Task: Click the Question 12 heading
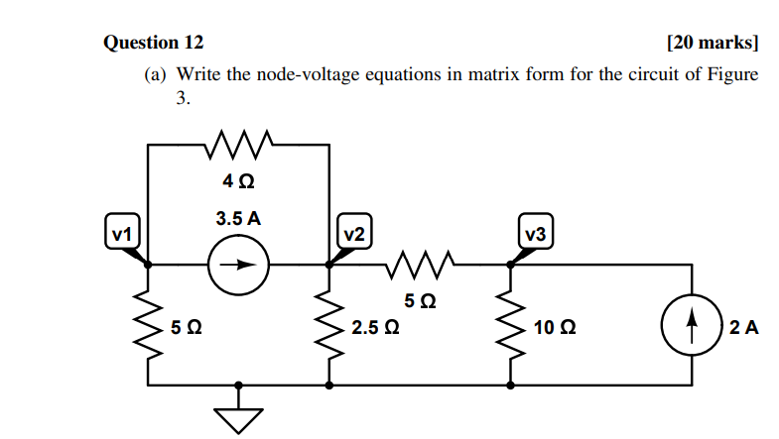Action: (154, 43)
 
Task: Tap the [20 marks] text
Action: (713, 43)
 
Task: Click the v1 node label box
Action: (121, 234)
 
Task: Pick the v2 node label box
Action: (353, 234)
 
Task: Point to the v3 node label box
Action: (536, 234)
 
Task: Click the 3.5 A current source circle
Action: (238, 265)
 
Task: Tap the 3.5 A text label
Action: (238, 218)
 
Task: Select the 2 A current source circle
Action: (691, 324)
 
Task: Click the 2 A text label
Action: (743, 325)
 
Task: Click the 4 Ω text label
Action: (238, 181)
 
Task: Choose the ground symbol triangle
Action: (238, 418)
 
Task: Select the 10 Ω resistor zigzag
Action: (511, 324)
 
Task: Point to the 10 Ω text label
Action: (555, 325)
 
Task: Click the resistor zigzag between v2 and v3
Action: (420, 265)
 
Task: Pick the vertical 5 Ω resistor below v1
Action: (148, 324)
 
